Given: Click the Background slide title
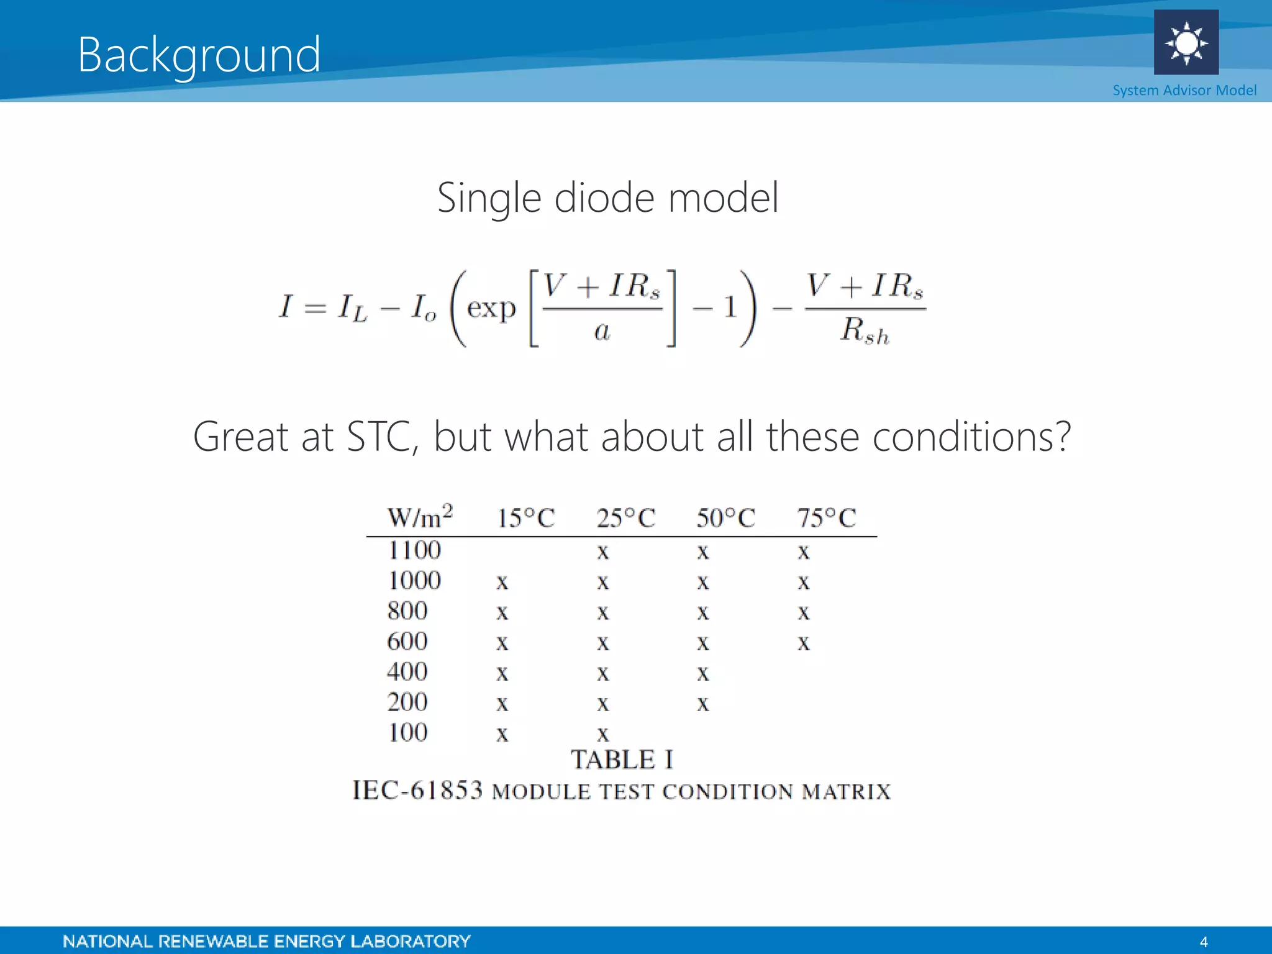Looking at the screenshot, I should click(199, 55).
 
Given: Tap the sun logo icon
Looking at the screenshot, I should click(1186, 42).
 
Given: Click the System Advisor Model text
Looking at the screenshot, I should click(1184, 91).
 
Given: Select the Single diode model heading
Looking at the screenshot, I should click(607, 198).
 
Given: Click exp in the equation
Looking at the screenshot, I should click(491, 308).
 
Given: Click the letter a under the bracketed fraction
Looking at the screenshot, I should click(602, 331).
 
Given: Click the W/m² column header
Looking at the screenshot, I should click(420, 517).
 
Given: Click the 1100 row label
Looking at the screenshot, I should click(414, 550).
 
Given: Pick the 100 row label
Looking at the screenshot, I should click(407, 733).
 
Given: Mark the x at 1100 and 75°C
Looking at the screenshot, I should click(804, 552).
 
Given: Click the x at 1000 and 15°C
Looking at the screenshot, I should click(502, 582).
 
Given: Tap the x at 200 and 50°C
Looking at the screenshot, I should click(702, 704).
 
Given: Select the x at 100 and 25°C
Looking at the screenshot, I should click(602, 734).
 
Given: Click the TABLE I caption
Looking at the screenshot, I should click(622, 760).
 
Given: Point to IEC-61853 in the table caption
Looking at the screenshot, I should click(417, 790).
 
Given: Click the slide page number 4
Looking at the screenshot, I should click(1203, 942).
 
